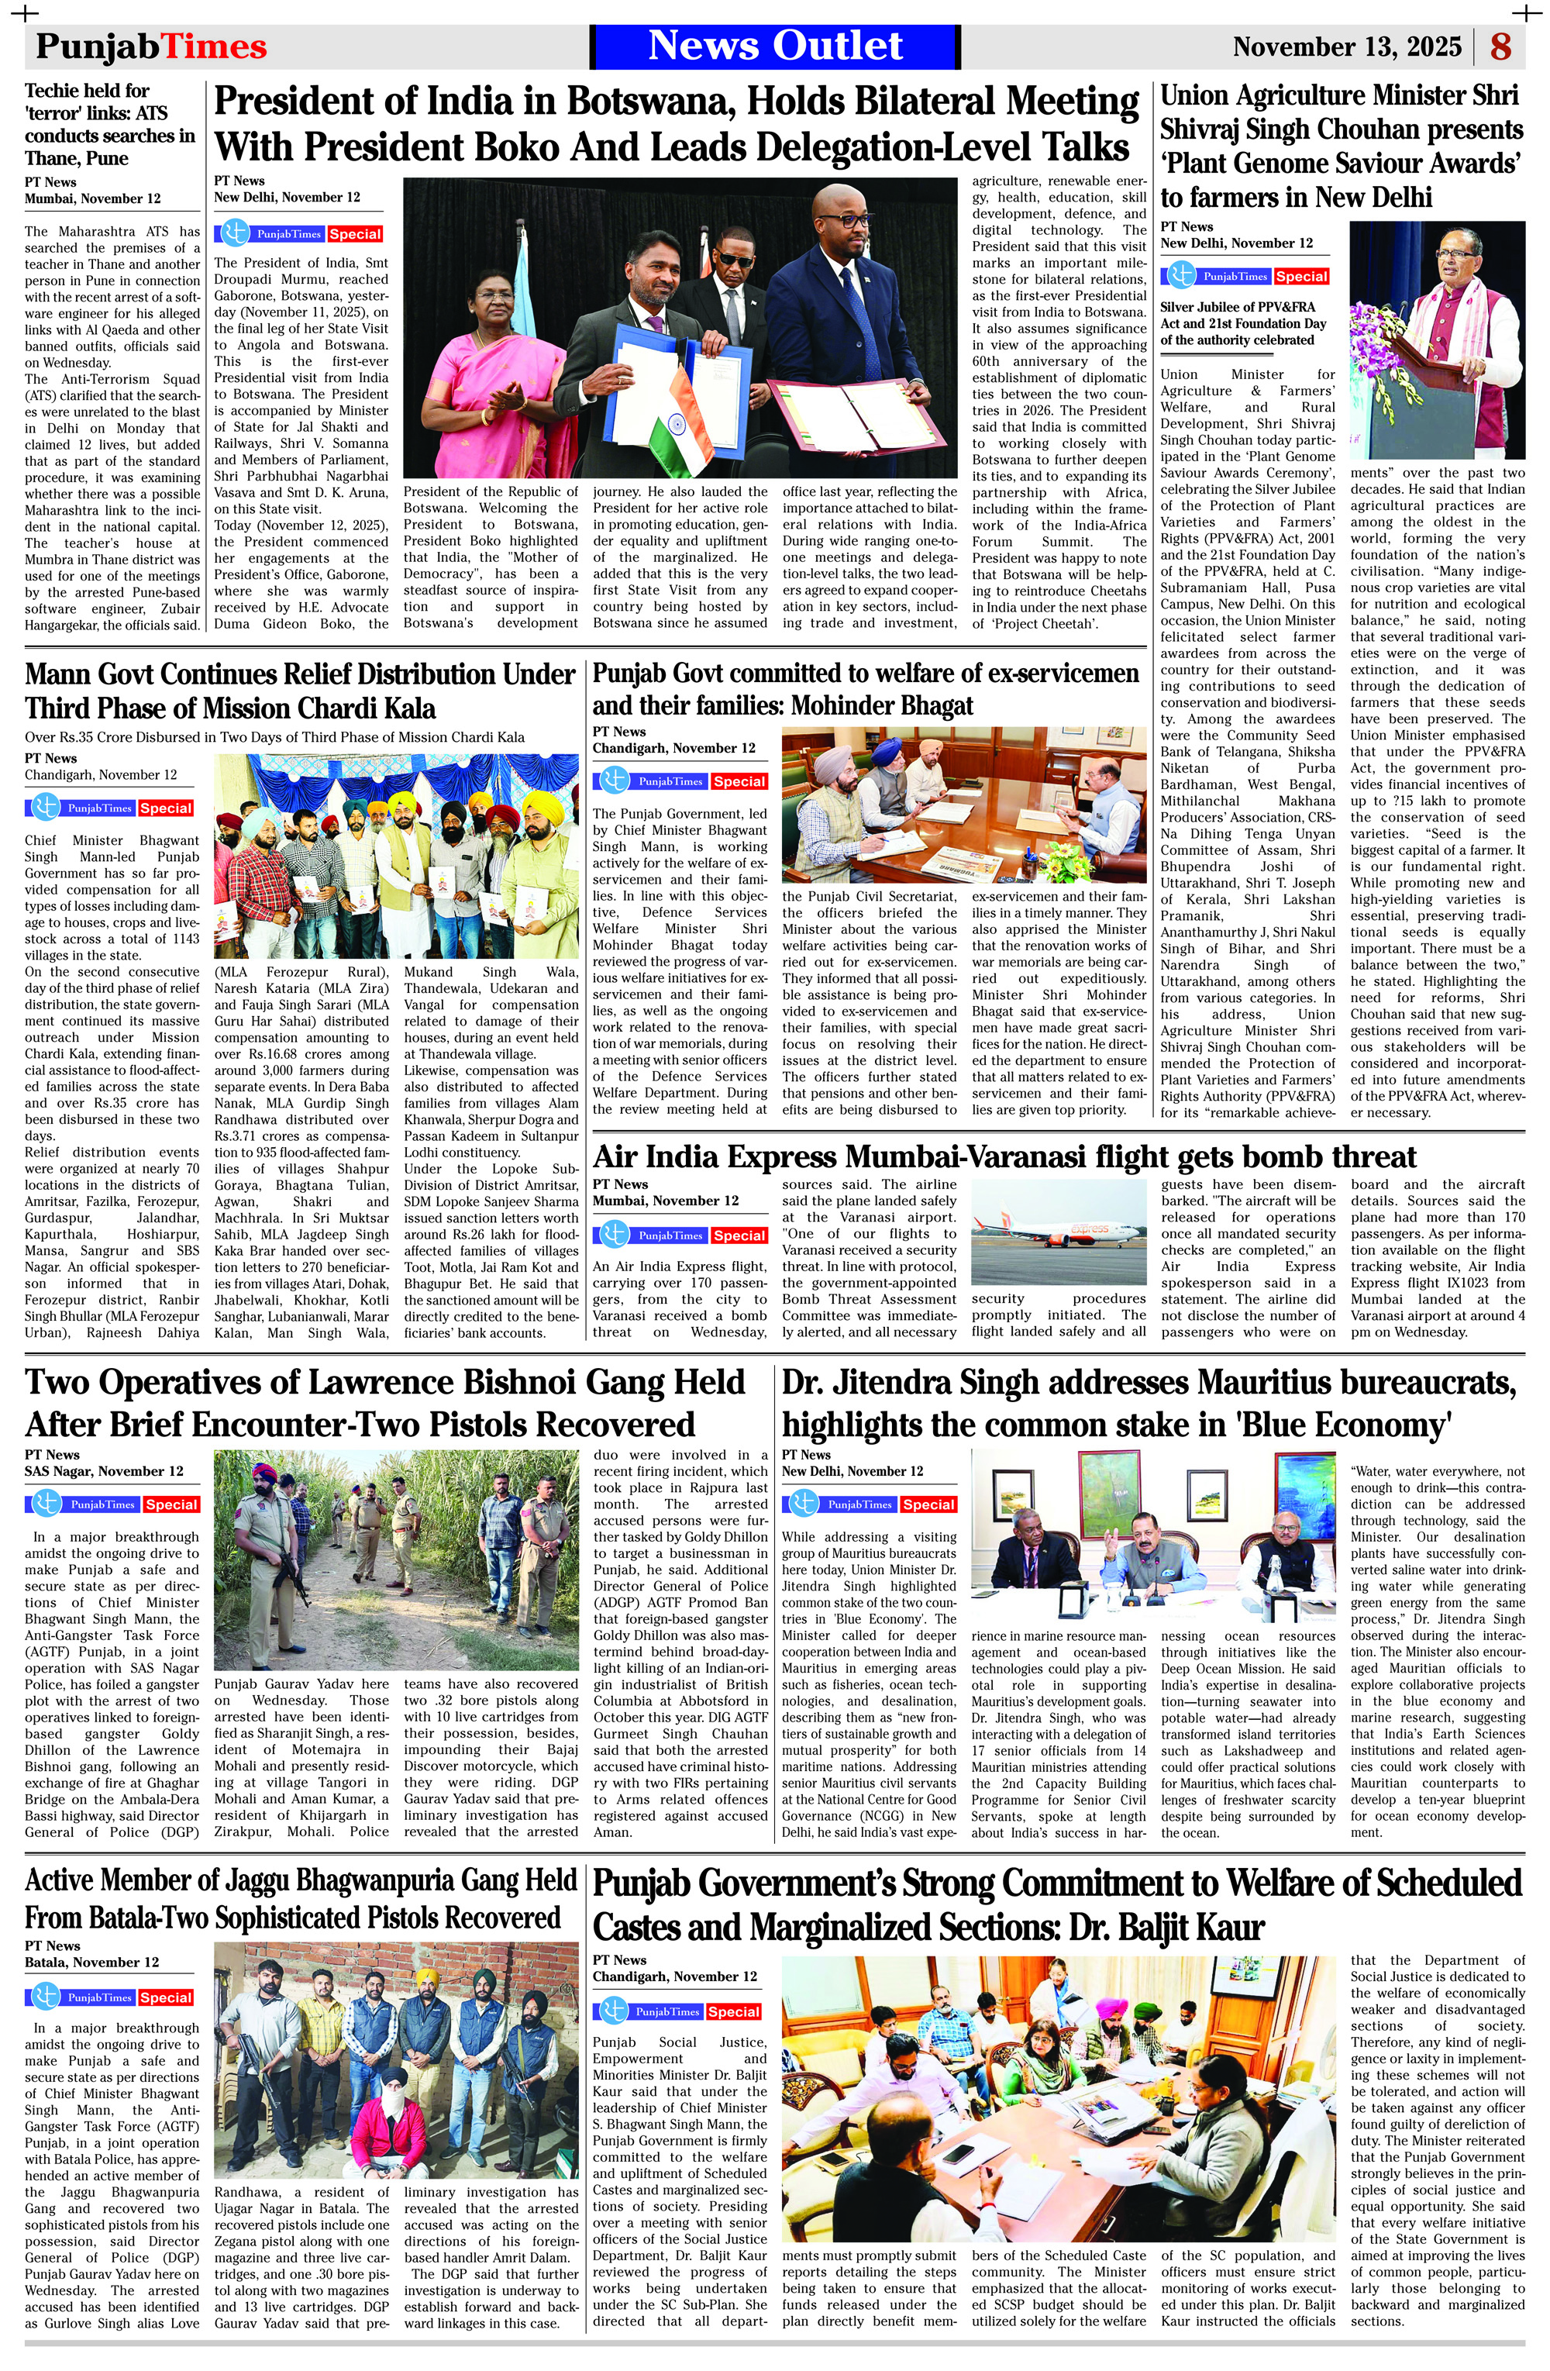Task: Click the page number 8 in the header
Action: coord(1500,47)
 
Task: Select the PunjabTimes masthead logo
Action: coord(151,47)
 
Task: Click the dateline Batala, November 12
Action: coord(91,1962)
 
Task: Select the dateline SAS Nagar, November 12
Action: coord(104,1470)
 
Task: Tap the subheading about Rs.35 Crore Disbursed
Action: coord(274,737)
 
